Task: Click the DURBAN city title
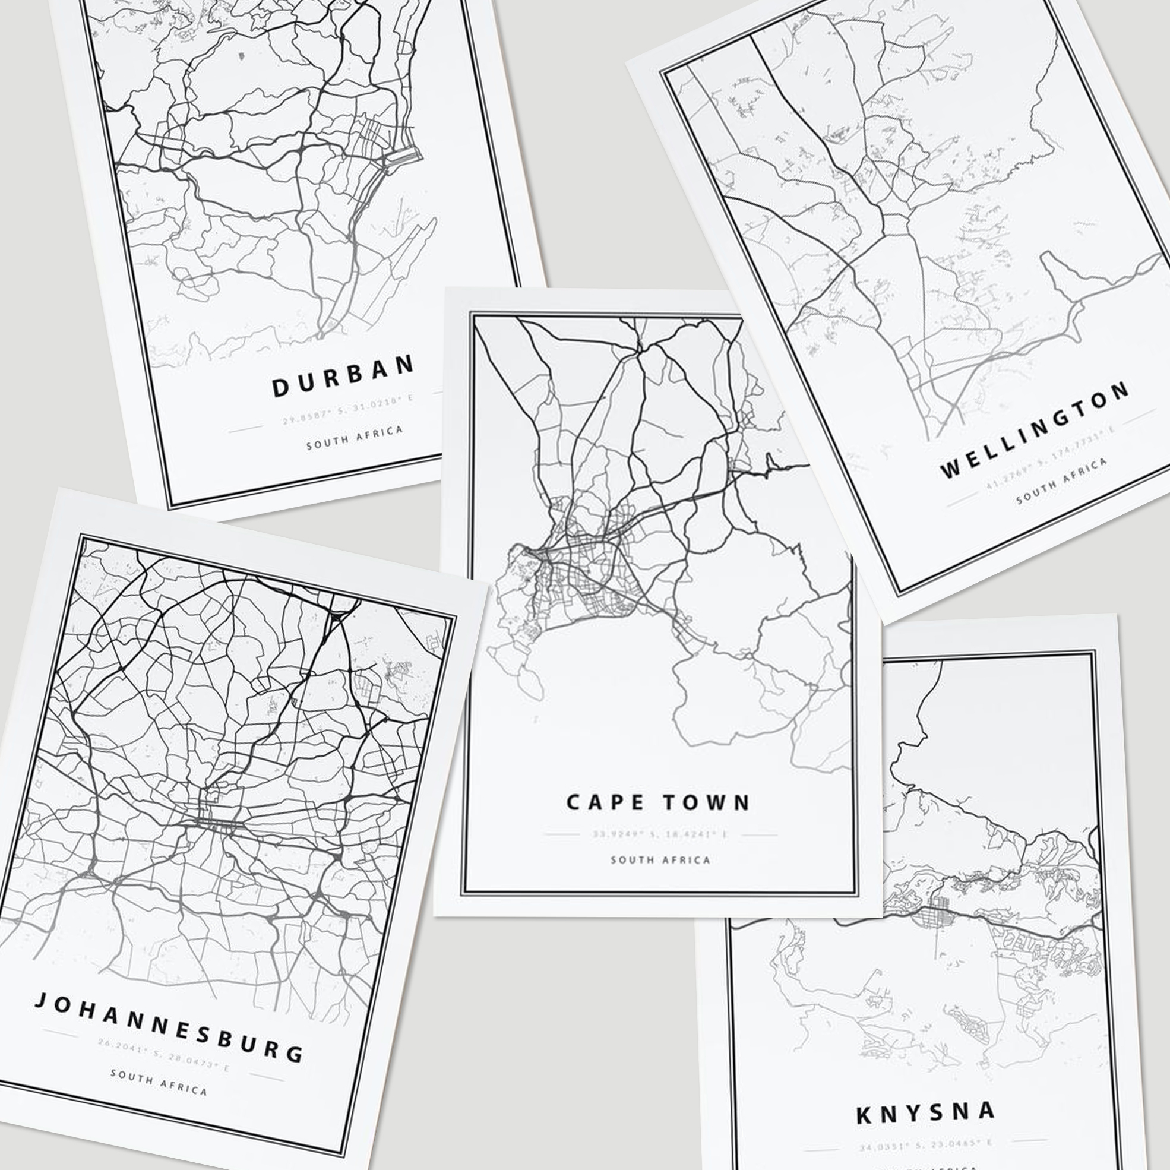[x=343, y=376]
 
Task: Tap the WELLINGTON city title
[x=1035, y=429]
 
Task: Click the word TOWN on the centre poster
[x=706, y=803]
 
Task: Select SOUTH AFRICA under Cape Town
[x=660, y=859]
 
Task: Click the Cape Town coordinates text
[x=659, y=834]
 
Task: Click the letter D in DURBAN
[x=280, y=388]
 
